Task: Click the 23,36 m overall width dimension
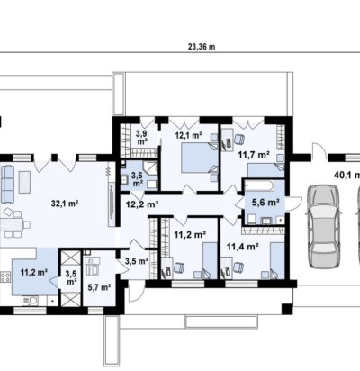pos(202,47)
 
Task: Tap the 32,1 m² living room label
pos(65,204)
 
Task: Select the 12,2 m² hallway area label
pos(142,204)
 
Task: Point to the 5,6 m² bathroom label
pos(265,203)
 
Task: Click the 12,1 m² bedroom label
pos(188,135)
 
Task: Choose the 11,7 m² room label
pos(254,155)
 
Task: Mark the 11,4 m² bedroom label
pos(243,247)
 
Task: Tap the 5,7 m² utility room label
pos(99,287)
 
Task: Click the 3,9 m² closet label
pos(142,137)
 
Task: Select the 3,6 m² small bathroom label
pos(138,179)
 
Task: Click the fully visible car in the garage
pos(324,226)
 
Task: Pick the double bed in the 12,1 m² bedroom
pos(200,158)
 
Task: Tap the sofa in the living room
pos(7,184)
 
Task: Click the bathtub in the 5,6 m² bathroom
pos(259,185)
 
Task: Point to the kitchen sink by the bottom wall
pos(30,300)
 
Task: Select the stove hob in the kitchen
pos(5,276)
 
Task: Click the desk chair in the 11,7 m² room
pos(238,140)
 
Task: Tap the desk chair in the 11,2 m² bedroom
pos(179,267)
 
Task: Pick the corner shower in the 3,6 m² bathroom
pos(151,167)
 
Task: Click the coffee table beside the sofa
pos(24,182)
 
